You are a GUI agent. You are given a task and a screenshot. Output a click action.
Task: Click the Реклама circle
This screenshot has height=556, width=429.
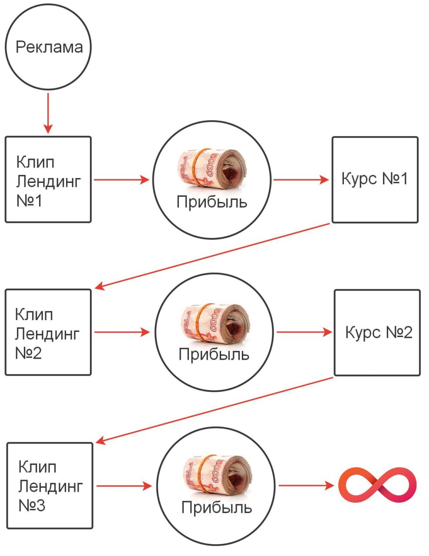pos(48,47)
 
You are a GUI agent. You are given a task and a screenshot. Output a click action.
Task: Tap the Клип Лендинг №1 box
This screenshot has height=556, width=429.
pos(48,179)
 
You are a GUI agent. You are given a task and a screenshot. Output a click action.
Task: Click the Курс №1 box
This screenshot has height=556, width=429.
pos(375,179)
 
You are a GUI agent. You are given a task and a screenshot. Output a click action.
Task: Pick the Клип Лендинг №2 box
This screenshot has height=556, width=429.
pos(48,332)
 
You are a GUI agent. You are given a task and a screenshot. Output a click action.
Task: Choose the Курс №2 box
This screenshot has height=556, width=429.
pos(377,332)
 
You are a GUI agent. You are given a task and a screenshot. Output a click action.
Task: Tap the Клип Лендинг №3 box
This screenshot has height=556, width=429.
pos(49,485)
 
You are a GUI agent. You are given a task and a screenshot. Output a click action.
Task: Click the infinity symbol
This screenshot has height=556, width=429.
pos(377,485)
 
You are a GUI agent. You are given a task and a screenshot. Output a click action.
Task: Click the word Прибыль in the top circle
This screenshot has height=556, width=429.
pos(212,202)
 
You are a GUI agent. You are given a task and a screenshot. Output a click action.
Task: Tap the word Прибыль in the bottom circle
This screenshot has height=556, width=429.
pos(216,507)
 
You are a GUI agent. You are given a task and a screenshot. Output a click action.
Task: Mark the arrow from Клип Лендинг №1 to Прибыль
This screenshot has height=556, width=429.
pos(121,179)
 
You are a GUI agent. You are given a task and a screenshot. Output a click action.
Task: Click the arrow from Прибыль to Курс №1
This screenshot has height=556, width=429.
pos(301,179)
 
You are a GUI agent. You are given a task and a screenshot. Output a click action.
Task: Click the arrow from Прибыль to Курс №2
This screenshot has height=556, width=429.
pos(304,332)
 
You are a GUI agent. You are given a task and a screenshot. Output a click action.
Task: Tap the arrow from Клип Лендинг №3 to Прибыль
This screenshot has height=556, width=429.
pos(124,485)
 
